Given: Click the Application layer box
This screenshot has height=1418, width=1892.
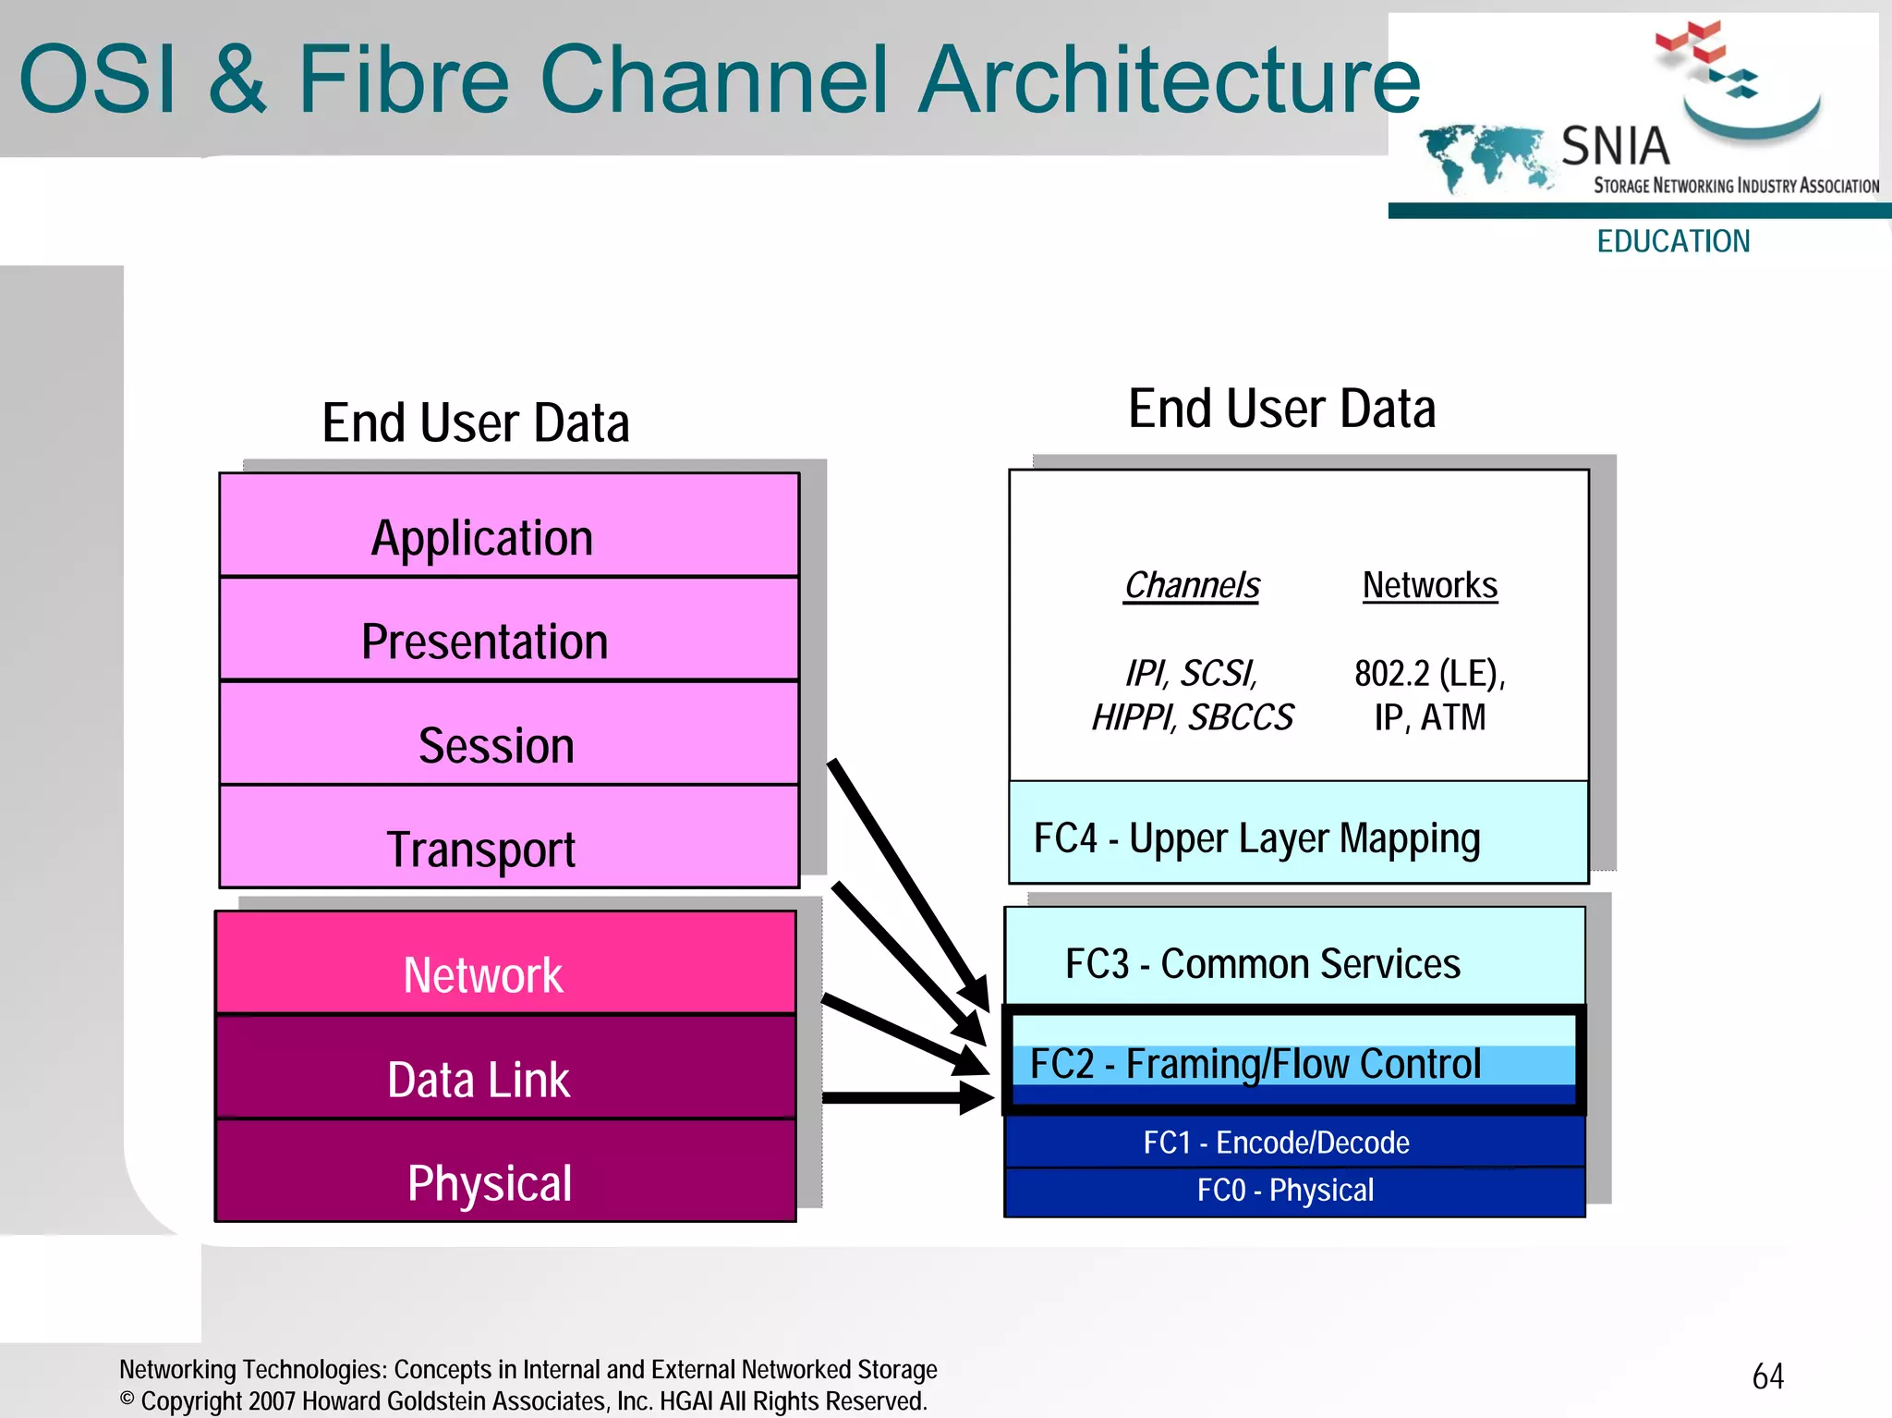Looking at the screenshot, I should [x=509, y=526].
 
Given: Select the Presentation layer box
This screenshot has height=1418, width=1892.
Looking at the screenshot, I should [x=509, y=630].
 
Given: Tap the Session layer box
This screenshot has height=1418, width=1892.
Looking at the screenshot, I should [x=509, y=734].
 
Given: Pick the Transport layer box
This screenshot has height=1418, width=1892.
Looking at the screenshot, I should [x=509, y=837].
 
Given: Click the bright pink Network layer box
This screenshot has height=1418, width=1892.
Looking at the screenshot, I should [x=505, y=963].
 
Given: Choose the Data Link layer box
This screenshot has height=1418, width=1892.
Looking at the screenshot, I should [x=505, y=1069].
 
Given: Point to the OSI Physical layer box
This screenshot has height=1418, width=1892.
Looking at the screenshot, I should [x=505, y=1172].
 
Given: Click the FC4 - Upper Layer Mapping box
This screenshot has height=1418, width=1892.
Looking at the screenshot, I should [x=1298, y=833].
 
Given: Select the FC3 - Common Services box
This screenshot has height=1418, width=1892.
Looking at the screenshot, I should [x=1294, y=957].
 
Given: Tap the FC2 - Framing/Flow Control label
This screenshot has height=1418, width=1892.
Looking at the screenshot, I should [x=1255, y=1064].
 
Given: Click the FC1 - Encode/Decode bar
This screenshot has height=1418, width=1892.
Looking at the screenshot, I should [x=1294, y=1143].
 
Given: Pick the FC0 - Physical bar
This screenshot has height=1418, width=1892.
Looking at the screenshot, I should [x=1294, y=1192].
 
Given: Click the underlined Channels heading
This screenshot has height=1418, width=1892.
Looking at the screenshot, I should [x=1192, y=585].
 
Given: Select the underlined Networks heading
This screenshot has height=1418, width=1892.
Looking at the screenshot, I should [x=1430, y=585].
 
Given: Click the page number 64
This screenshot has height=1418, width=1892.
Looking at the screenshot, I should [x=1767, y=1376].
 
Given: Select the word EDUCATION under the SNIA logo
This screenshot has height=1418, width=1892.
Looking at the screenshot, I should [x=1673, y=241].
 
